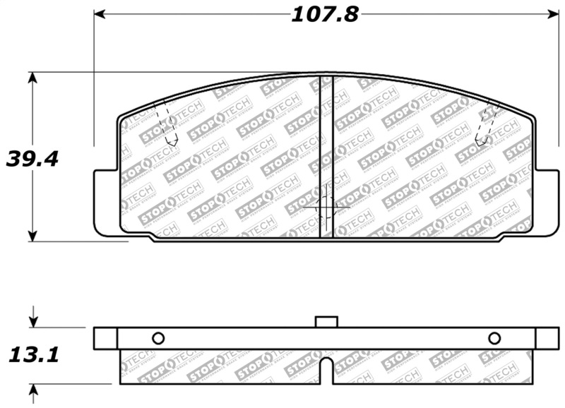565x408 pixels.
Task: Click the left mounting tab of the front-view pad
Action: (106, 201)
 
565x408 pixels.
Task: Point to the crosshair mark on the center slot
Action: (326, 207)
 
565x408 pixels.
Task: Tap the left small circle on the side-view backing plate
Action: (157, 338)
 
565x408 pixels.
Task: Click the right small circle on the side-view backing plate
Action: (494, 338)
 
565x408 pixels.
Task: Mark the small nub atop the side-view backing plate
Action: (326, 322)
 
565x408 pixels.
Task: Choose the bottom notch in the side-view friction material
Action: (326, 371)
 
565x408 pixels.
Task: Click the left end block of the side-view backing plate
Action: (105, 338)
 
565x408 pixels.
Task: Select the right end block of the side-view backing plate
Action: (547, 338)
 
